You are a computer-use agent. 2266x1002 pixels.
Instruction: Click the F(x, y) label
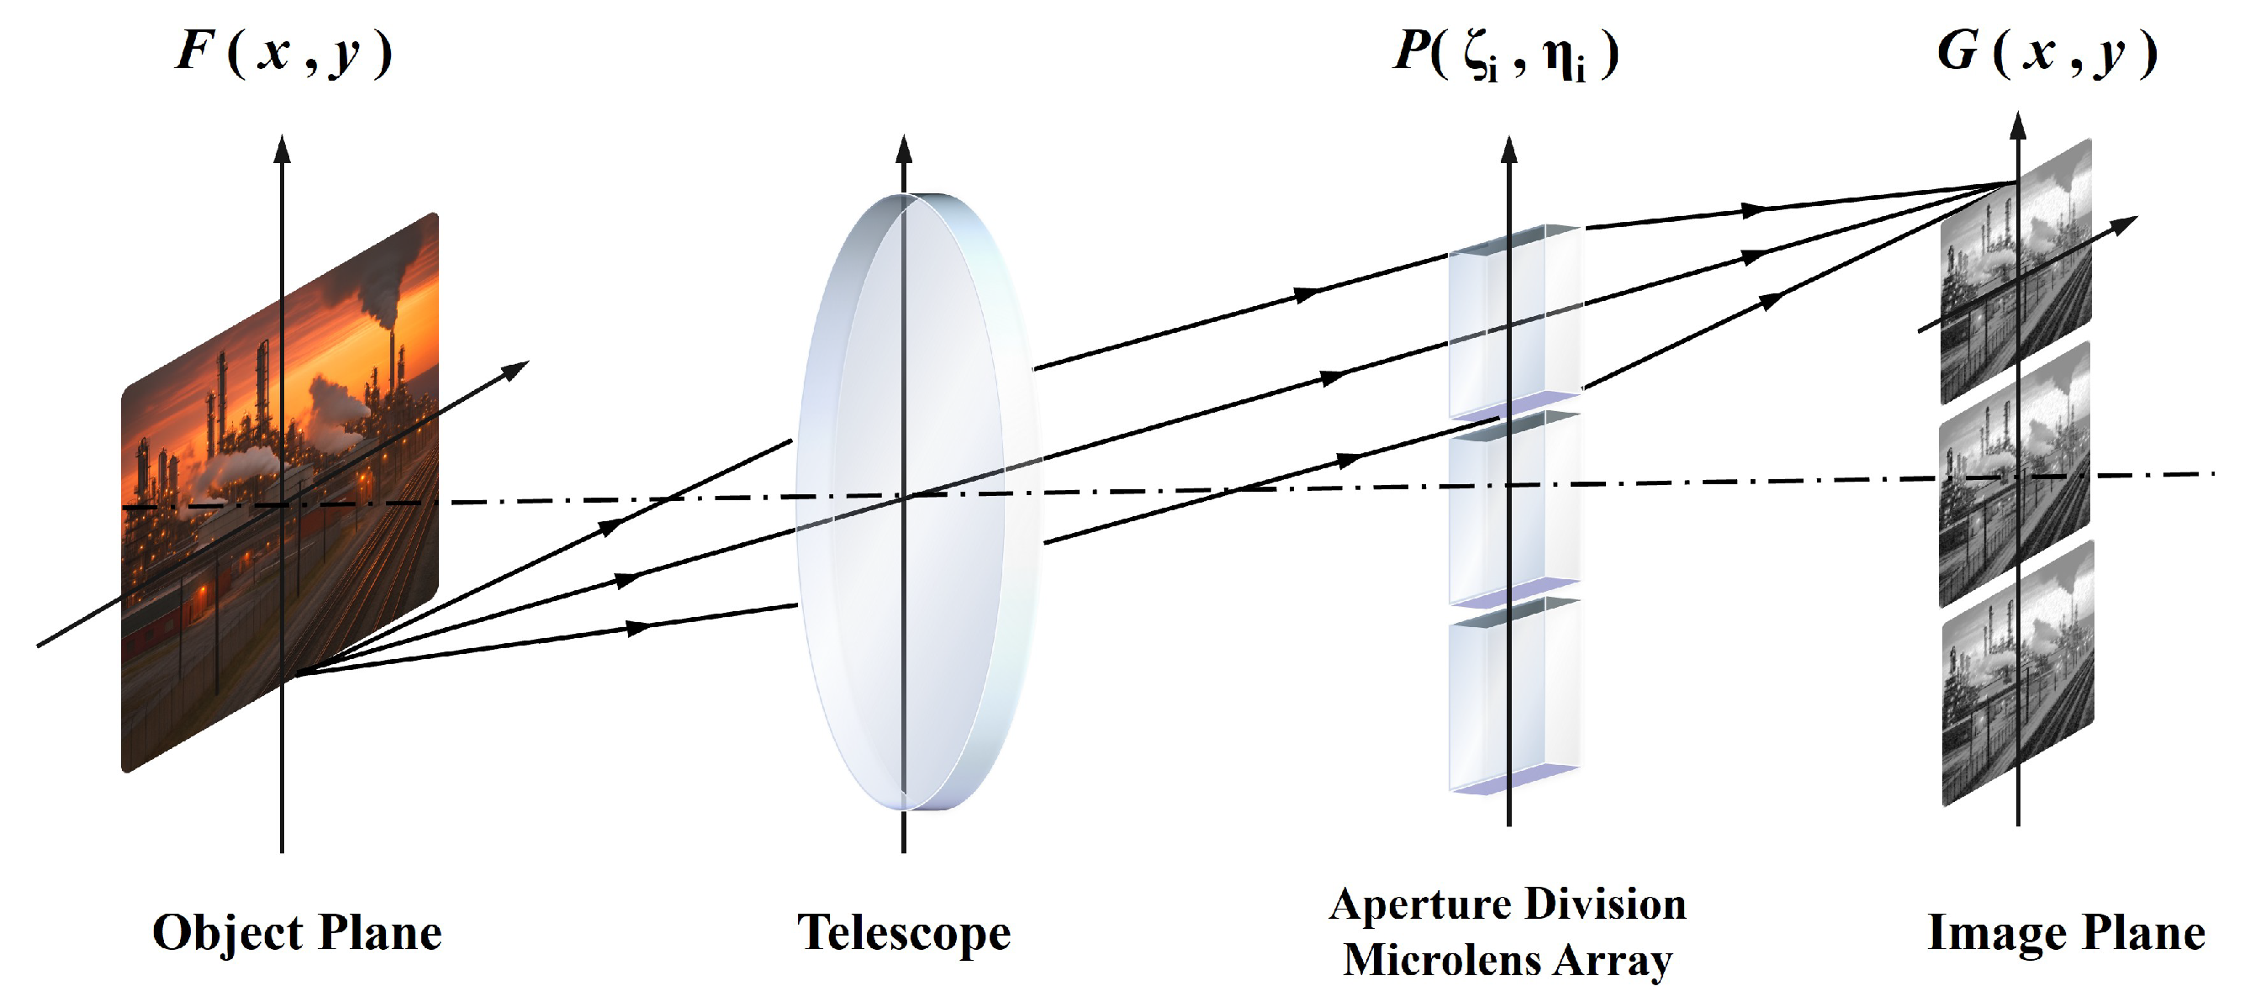283,53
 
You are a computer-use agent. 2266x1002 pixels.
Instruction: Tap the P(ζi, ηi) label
1505,55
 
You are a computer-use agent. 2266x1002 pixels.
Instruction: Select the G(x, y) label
2046,53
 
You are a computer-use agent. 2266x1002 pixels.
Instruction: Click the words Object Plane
297,932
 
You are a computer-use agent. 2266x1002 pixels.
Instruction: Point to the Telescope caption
903,932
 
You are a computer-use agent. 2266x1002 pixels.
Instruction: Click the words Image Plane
2065,932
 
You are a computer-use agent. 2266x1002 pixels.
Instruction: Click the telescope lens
915,502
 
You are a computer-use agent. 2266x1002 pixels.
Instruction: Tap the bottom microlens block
1513,695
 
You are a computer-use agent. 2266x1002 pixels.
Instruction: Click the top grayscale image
2016,272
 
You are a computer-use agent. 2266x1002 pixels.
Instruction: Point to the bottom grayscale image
2016,673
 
